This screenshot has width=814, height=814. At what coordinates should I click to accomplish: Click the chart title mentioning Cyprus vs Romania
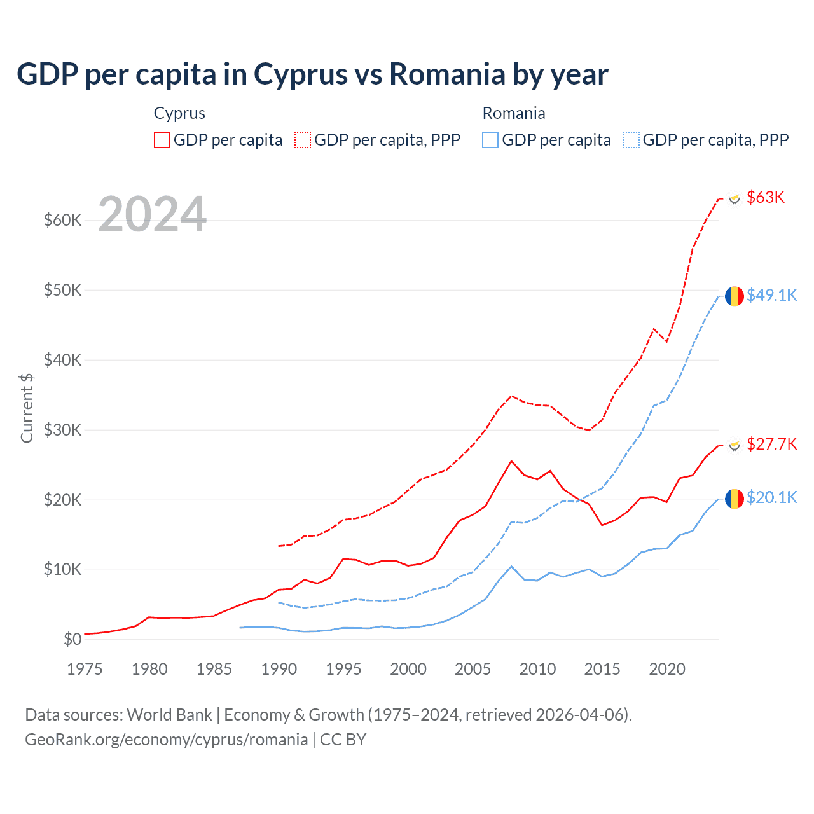point(312,74)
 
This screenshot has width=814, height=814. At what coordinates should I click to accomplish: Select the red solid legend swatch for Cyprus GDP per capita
point(162,140)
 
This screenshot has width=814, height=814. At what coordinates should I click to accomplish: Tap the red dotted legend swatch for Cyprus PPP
point(303,140)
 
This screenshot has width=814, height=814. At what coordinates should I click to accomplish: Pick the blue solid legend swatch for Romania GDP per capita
point(490,140)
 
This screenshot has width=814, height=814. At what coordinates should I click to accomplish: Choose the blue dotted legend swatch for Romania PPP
point(631,140)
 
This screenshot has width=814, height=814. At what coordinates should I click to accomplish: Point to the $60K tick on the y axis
point(62,221)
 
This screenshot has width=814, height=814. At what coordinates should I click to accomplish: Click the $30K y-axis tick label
point(62,430)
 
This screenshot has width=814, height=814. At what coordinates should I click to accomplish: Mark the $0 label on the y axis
point(72,639)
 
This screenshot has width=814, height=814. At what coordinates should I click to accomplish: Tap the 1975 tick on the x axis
point(85,669)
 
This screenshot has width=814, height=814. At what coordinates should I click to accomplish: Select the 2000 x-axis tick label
point(408,669)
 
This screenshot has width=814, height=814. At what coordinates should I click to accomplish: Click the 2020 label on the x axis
point(667,669)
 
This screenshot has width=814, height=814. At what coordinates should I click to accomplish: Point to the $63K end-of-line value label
point(766,197)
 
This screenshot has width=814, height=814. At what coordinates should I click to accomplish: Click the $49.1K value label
point(771,295)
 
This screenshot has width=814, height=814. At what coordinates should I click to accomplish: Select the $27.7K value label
point(771,444)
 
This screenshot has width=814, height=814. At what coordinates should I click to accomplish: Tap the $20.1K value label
point(771,497)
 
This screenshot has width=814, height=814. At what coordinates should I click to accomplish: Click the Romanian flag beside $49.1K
point(735,296)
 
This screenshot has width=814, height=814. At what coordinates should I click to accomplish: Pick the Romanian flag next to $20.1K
point(735,499)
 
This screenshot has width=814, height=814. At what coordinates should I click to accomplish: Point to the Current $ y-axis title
point(27,408)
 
